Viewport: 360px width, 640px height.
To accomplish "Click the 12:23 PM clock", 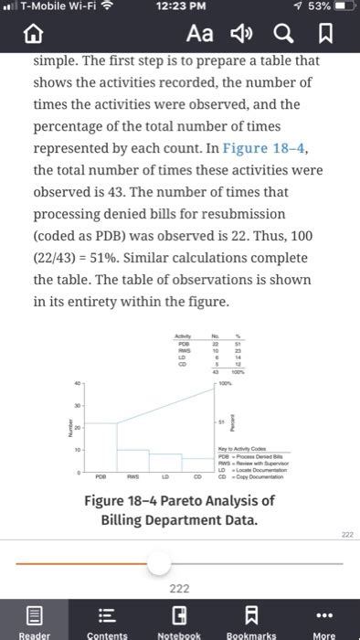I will [x=179, y=9].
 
